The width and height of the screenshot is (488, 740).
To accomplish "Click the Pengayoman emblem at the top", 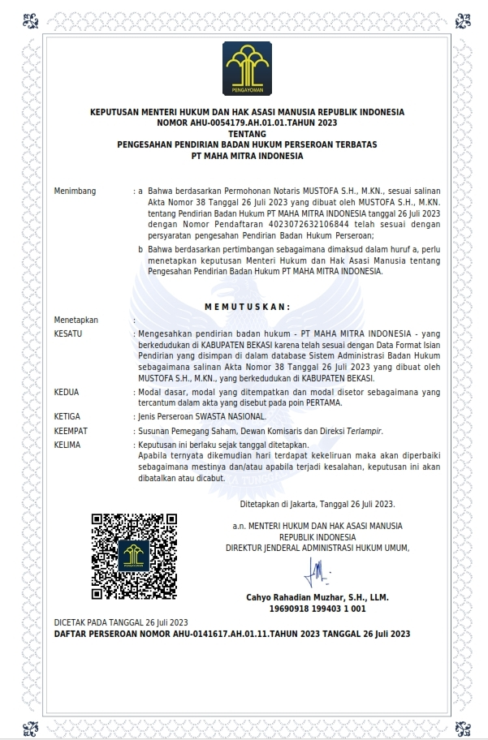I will [243, 68].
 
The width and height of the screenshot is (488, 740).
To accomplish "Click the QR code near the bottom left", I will [134, 556].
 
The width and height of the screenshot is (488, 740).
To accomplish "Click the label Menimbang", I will [75, 191].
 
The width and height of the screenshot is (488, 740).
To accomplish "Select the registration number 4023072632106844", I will [266, 224].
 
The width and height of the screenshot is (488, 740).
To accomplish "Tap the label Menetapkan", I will [76, 320].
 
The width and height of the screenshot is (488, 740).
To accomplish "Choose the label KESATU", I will [67, 333].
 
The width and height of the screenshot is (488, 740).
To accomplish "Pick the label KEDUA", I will [67, 392].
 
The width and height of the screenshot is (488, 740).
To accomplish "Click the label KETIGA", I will [67, 416].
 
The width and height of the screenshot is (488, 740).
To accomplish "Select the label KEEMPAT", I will [71, 431].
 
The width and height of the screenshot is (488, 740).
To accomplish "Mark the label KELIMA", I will [67, 445].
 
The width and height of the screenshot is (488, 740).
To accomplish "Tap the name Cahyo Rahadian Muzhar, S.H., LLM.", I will [317, 597].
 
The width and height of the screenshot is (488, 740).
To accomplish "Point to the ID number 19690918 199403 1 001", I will [317, 608].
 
